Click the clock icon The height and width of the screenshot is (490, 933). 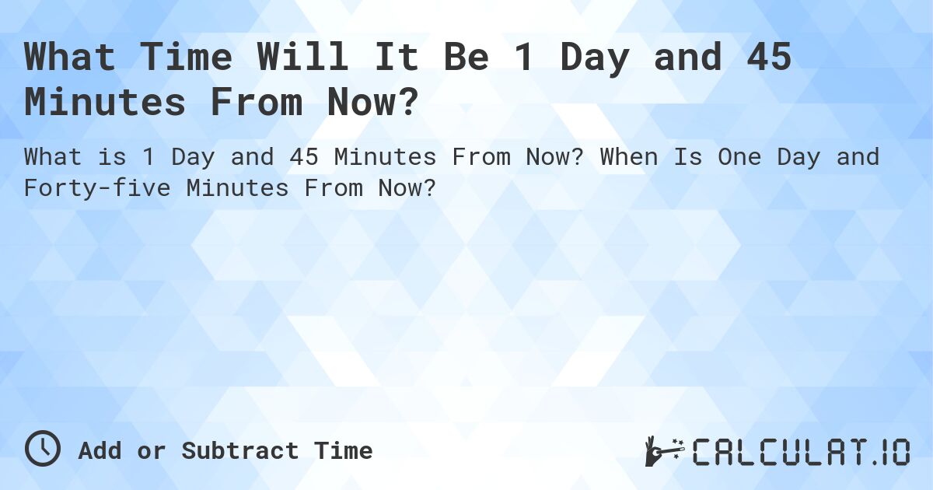[x=43, y=450]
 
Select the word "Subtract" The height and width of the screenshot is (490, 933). [x=239, y=451]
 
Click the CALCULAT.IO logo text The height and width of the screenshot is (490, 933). [x=801, y=451]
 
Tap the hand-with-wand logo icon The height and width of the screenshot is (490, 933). [x=662, y=451]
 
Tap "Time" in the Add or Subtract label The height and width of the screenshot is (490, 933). [x=343, y=451]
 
